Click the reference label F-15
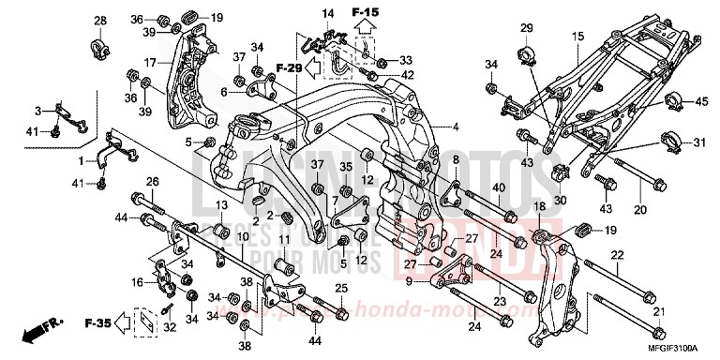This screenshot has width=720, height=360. (364, 11)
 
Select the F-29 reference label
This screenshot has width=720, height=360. (289, 68)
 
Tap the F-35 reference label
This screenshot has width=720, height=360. (97, 323)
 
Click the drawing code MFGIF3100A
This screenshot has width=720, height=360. (680, 350)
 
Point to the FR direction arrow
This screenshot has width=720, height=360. (42, 333)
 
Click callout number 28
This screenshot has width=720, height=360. (100, 21)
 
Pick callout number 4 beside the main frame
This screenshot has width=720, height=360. (457, 127)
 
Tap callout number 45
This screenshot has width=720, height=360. (701, 101)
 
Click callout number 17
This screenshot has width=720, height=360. (148, 64)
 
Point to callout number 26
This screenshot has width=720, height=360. (152, 182)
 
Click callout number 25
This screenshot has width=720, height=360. (341, 287)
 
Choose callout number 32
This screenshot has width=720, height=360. (169, 328)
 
